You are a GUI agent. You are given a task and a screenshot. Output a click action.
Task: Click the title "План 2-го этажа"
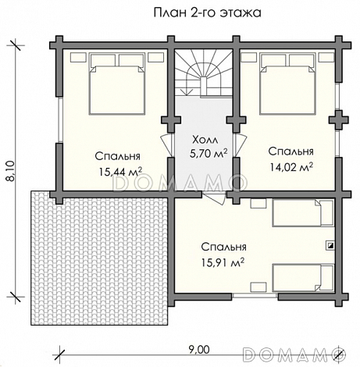(207, 12)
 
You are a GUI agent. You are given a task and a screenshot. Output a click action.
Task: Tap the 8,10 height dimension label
(11, 171)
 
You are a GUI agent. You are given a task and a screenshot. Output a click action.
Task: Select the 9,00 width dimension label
(198, 350)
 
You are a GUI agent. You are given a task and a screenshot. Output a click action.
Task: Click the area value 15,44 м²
(120, 172)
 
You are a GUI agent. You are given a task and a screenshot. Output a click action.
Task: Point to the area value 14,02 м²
(290, 167)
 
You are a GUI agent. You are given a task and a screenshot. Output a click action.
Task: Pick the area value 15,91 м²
(223, 262)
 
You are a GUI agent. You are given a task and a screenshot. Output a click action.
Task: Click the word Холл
(205, 140)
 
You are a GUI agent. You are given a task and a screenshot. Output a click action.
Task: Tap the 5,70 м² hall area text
(209, 154)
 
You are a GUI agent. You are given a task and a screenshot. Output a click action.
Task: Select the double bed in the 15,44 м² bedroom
(117, 84)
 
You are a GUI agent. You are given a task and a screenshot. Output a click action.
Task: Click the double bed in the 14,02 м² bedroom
(287, 84)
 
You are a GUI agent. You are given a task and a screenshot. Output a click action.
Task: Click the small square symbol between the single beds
(330, 245)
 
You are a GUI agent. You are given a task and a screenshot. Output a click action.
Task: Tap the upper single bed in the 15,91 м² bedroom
(303, 213)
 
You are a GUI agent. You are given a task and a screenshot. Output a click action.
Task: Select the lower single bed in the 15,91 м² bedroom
(303, 278)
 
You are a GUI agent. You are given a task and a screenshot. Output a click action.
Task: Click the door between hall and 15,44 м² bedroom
(167, 145)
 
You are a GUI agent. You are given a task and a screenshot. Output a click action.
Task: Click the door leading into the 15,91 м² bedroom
(214, 198)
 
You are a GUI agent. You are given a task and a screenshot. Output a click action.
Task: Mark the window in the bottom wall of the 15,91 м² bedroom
(255, 296)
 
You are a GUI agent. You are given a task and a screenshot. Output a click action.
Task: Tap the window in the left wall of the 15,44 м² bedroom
(59, 119)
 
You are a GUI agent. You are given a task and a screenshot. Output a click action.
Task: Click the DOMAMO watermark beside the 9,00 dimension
(294, 355)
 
